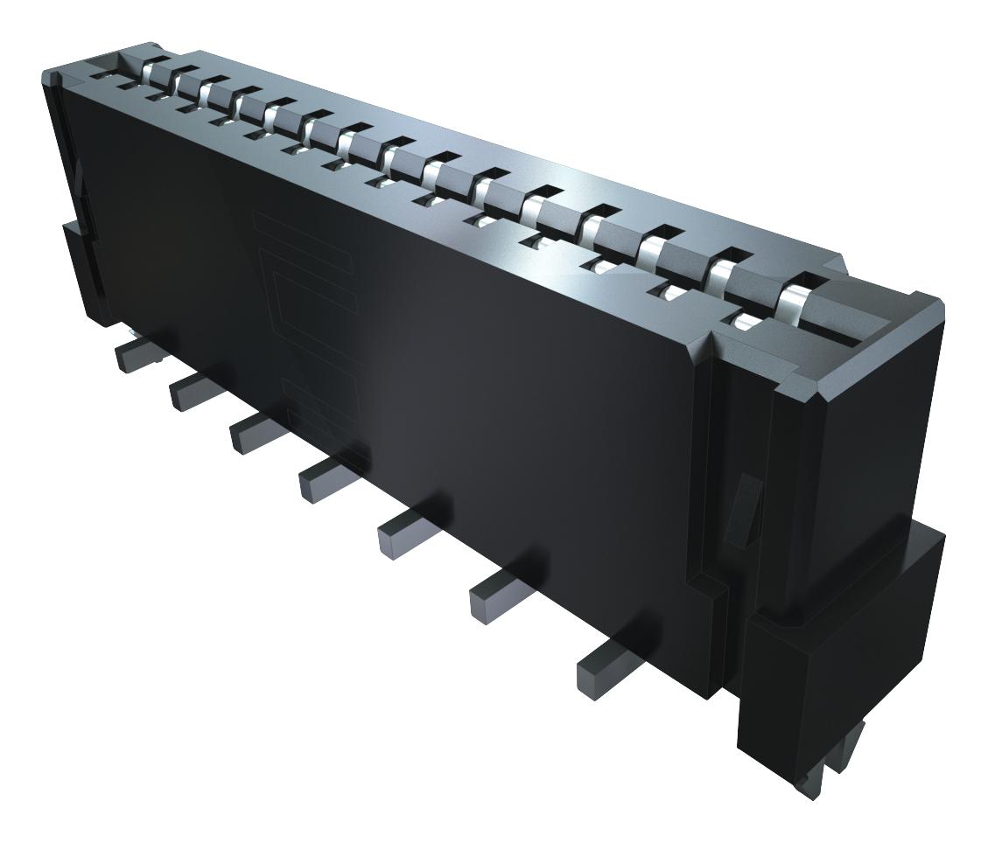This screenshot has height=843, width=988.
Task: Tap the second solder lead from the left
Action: pos(187,393)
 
